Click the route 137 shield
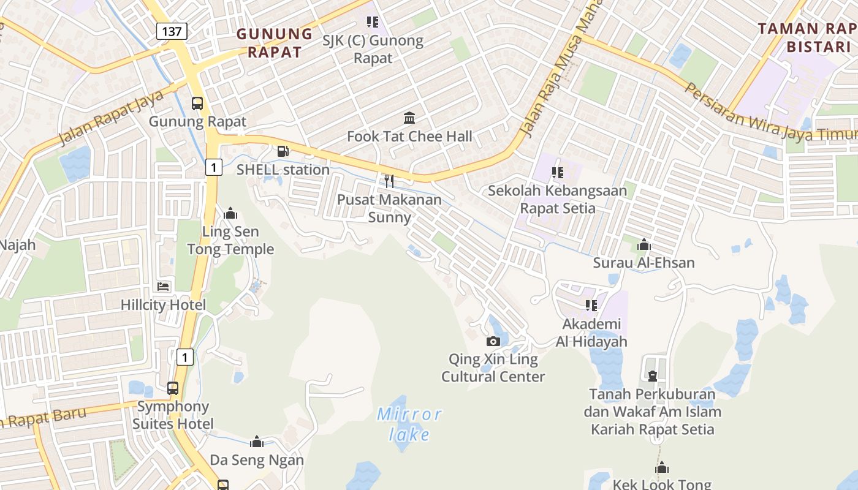[172, 31]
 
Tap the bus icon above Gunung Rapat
[197, 104]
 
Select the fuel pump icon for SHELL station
[283, 151]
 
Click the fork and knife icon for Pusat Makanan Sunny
[389, 181]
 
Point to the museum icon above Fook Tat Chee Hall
[409, 118]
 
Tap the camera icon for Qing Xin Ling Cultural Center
[493, 341]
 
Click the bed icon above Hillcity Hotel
[163, 286]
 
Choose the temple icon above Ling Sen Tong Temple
[230, 213]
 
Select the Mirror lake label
[409, 424]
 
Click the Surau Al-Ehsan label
[643, 263]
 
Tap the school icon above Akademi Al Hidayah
[591, 305]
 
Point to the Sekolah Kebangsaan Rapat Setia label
[557, 199]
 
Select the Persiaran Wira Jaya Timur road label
[769, 114]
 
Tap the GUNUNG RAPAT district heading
[275, 43]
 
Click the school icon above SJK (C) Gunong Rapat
[372, 22]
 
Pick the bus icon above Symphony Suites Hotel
[173, 388]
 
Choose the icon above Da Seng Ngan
[257, 442]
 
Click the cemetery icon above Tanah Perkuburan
[652, 375]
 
